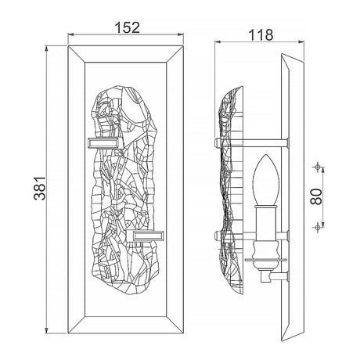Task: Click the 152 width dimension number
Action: tap(128, 27)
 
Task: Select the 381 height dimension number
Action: tap(40, 189)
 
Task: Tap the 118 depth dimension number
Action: tap(261, 35)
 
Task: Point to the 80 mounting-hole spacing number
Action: tap(316, 196)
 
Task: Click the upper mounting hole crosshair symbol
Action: tap(318, 167)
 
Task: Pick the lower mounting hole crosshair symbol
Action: tap(318, 228)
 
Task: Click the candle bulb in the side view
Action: tap(266, 179)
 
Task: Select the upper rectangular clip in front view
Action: tap(105, 143)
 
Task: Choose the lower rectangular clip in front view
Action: tap(146, 236)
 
